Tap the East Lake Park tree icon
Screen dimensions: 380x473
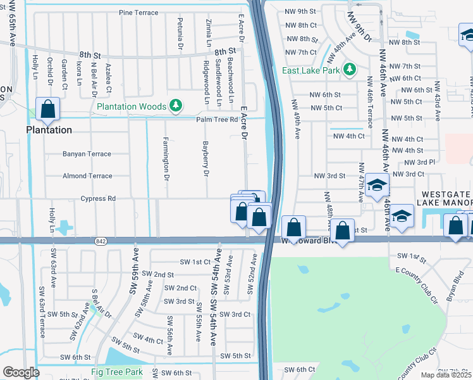[349, 70]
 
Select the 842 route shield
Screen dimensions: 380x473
[101, 241]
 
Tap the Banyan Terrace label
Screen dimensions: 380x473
[87, 154]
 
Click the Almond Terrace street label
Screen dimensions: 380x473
[87, 176]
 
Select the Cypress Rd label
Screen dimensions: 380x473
[98, 198]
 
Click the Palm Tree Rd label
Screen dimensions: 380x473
[216, 119]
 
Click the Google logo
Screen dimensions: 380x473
[21, 372]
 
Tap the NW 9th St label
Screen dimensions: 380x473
[301, 11]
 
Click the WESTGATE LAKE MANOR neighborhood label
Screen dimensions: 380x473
[444, 198]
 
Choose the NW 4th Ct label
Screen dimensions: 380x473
[348, 136]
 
